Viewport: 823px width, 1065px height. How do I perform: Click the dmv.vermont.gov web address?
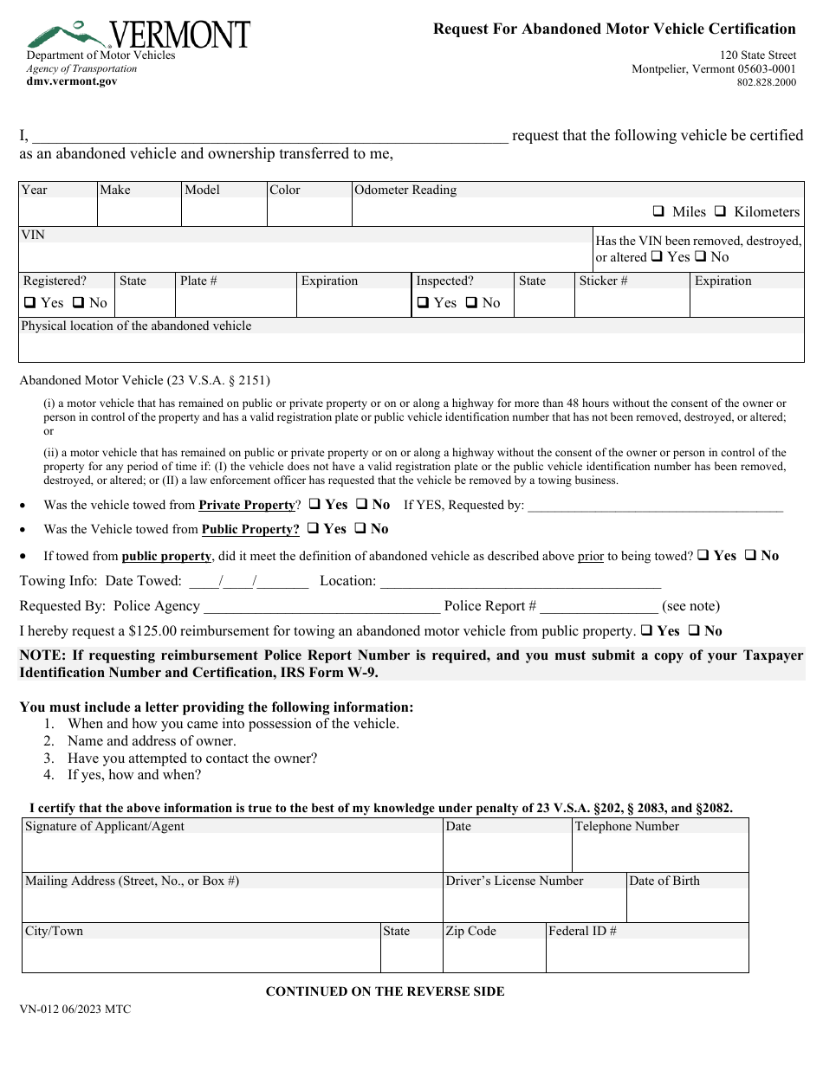pos(72,81)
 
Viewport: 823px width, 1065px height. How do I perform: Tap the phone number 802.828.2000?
pos(766,83)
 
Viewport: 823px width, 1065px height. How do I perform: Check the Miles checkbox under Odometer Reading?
pos(658,211)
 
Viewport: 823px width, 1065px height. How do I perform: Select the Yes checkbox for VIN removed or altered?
pos(657,256)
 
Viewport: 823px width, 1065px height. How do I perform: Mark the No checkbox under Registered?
pos(78,302)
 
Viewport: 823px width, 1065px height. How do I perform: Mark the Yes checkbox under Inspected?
pos(423,302)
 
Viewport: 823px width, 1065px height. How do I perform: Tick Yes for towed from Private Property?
pos(314,504)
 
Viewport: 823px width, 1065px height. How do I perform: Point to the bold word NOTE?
pos(42,655)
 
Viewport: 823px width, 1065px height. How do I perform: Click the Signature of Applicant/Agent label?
pos(105,826)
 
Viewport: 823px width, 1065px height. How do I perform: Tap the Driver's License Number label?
pos(515,881)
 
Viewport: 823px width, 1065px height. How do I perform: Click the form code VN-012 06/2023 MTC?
pos(75,1009)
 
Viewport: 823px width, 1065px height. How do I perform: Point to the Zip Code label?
pos(470,931)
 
